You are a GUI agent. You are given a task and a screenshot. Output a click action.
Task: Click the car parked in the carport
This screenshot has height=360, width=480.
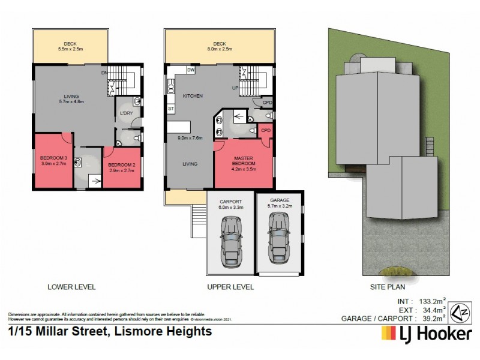[230, 239]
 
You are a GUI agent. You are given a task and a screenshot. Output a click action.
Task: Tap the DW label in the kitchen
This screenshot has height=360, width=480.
[191, 70]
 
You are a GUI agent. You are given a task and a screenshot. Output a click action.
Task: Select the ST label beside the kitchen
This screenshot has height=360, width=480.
[170, 109]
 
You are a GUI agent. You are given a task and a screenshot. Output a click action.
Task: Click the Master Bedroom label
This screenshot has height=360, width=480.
[244, 160]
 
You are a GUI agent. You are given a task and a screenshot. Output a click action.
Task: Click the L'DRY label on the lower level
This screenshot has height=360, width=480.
[126, 113]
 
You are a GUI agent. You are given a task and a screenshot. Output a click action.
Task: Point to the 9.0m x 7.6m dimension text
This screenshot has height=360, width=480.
[190, 138]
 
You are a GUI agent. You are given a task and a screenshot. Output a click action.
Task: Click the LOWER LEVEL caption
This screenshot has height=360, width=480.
[71, 287]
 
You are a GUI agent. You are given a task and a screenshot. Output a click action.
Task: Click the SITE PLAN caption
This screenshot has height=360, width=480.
[385, 287]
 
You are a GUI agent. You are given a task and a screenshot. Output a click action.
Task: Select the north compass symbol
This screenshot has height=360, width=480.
[459, 311]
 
